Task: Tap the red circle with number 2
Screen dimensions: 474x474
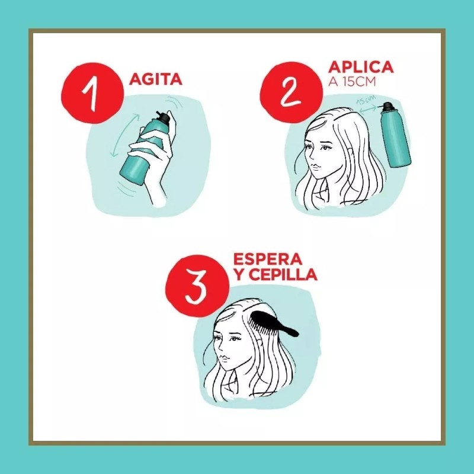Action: (291, 91)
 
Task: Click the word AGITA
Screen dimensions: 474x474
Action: (156, 79)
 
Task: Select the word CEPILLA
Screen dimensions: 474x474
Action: (284, 276)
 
